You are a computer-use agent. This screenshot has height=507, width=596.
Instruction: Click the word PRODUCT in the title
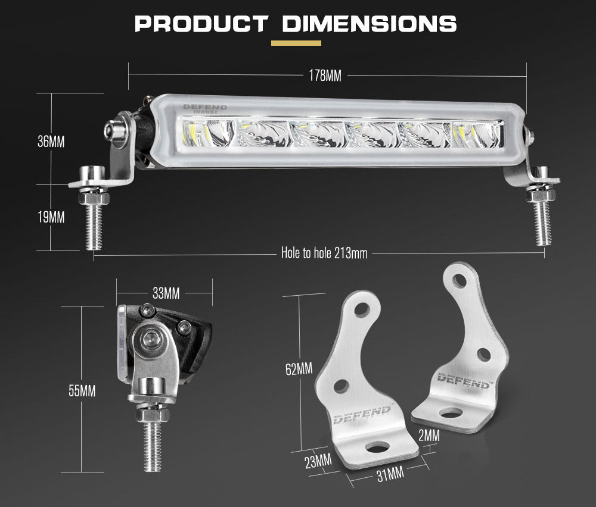pyautogui.click(x=201, y=24)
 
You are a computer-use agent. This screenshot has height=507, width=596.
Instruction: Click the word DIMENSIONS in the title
pyautogui.click(x=369, y=24)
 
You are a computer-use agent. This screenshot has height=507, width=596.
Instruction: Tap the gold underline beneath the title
pyautogui.click(x=296, y=43)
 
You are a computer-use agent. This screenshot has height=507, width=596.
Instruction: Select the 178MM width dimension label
pyautogui.click(x=325, y=76)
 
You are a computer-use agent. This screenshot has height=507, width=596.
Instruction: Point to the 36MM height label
pyautogui.click(x=51, y=142)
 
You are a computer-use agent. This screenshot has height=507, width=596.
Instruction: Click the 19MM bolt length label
pyautogui.click(x=51, y=217)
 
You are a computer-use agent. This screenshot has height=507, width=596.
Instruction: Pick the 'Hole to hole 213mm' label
pyautogui.click(x=324, y=253)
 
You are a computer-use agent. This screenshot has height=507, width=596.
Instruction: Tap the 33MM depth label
pyautogui.click(x=166, y=293)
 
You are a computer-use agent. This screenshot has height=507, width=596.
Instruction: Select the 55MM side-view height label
pyautogui.click(x=82, y=390)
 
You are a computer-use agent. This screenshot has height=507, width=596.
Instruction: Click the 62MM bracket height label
pyautogui.click(x=299, y=368)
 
